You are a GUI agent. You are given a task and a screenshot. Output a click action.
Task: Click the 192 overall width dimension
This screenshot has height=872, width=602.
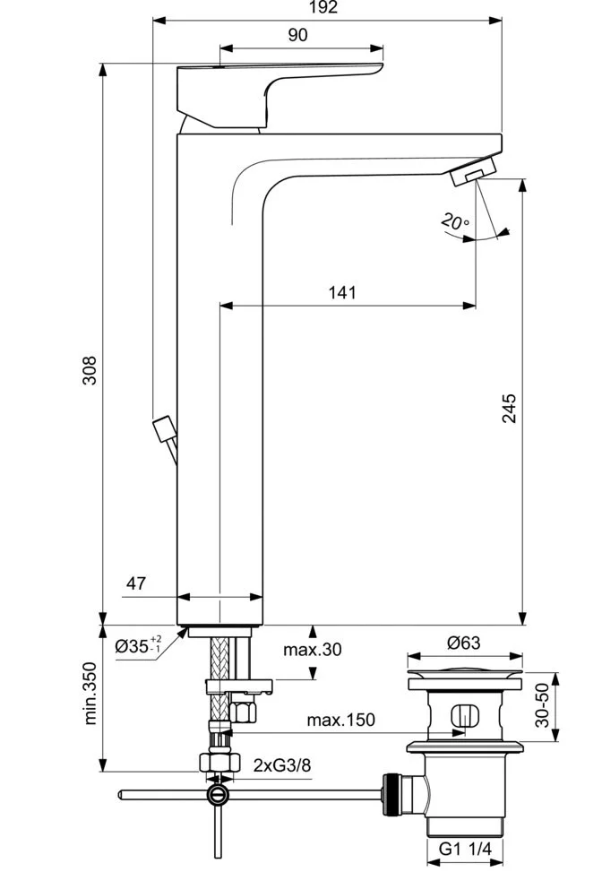[x=326, y=8]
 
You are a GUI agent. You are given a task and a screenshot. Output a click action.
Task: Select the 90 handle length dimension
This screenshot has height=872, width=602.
[x=298, y=35]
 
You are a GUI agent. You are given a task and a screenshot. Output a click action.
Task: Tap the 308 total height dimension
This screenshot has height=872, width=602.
[x=89, y=370]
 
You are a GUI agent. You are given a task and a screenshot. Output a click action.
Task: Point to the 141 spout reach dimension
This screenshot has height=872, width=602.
[x=342, y=292]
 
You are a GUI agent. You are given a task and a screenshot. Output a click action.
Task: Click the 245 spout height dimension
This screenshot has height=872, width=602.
[x=508, y=409]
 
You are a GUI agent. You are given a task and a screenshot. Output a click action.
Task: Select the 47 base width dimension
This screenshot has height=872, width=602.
[x=135, y=583]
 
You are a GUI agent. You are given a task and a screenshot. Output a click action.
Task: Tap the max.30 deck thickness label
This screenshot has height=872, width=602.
[x=313, y=649]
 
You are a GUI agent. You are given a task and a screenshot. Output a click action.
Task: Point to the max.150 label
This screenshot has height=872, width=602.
[x=340, y=719]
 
